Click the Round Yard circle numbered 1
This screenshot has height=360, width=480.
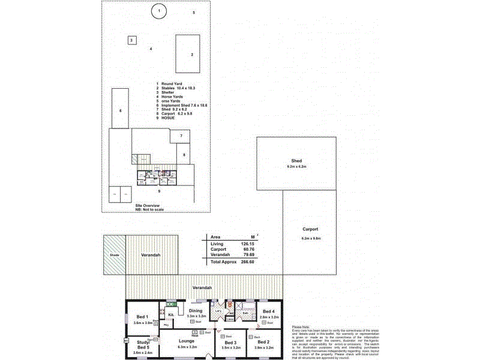click(159, 11)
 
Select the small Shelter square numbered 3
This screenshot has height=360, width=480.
click(131, 40)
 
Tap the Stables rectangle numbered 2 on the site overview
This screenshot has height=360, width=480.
click(188, 54)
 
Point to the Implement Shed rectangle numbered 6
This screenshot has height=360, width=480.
click(121, 108)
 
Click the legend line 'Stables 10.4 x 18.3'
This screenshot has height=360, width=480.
click(176, 88)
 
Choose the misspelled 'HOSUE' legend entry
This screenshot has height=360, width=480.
click(168, 118)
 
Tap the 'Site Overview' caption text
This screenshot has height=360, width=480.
click(148, 205)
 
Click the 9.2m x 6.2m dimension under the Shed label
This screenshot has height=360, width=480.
click(296, 166)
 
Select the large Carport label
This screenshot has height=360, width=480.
click(310, 229)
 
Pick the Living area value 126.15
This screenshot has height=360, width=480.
click(247, 244)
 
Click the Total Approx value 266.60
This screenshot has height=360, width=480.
click(247, 262)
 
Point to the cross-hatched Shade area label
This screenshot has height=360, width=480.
click(114, 255)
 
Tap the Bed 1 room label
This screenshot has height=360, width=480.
click(142, 317)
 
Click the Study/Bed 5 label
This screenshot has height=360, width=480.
click(143, 345)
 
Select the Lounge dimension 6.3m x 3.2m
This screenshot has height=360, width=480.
click(187, 347)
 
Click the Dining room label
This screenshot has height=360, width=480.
click(196, 310)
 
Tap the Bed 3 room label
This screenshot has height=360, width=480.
click(231, 342)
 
